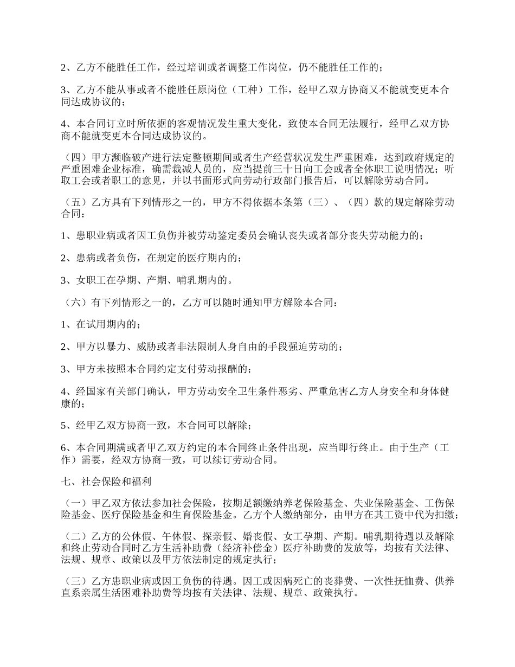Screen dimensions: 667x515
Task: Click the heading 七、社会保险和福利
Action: (x=102, y=480)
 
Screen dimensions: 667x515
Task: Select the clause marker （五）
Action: (x=75, y=203)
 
